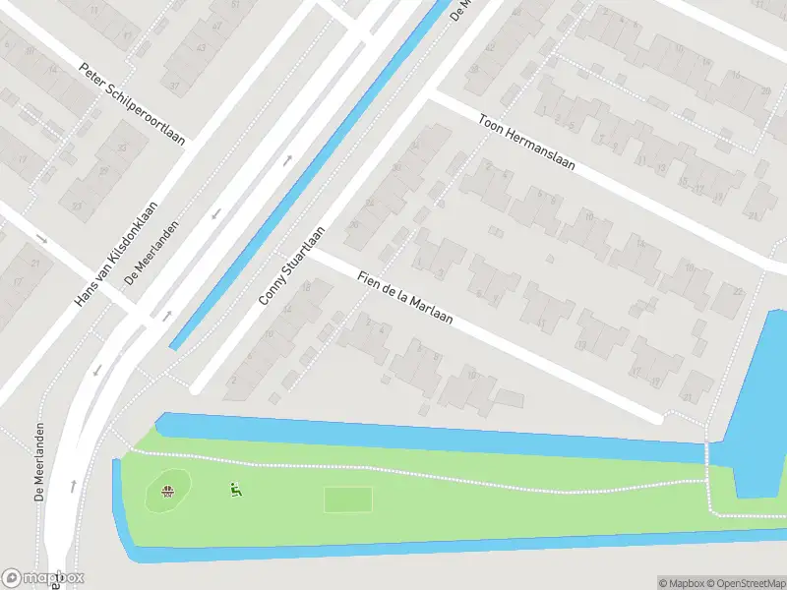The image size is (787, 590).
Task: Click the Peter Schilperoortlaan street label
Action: click(x=132, y=103)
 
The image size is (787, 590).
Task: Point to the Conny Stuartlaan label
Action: click(x=293, y=264)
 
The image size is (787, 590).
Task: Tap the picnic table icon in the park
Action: click(x=169, y=491)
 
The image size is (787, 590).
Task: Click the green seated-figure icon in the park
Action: click(x=235, y=489)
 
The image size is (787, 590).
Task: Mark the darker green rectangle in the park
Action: click(x=348, y=500)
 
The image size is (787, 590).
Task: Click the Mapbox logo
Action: click(x=43, y=578)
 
